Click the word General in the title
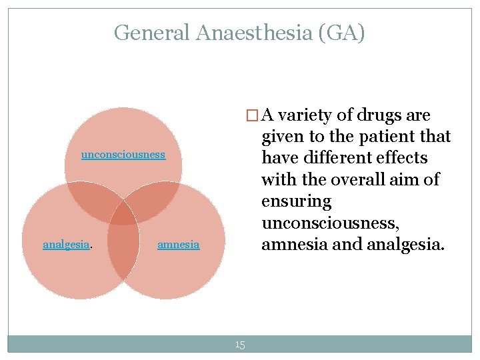coord(152,32)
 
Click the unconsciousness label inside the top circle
coord(123,155)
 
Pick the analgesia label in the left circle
coord(66,245)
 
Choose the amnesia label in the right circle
coord(178,245)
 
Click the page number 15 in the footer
coord(240,345)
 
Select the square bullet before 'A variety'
coord(251,116)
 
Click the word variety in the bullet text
coord(305,115)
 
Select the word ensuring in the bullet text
coord(296,201)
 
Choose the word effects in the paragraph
coord(403,158)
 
